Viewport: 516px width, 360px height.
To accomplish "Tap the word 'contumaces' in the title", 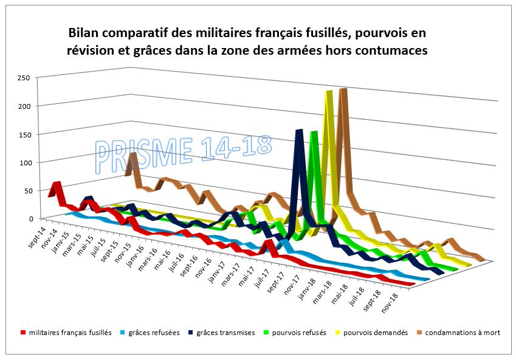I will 393,51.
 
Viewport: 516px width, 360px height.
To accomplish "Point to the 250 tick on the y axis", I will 24,78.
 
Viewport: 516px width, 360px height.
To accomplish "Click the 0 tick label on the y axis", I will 28,218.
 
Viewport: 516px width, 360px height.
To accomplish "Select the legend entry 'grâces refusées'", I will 149,333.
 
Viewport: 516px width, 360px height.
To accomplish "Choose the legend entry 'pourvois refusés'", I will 299,333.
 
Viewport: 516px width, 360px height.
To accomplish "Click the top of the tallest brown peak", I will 343,90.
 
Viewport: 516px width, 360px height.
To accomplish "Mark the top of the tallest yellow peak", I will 329,92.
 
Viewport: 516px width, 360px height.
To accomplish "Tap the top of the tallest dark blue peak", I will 299,131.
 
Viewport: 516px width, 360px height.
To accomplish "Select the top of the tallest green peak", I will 314,133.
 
